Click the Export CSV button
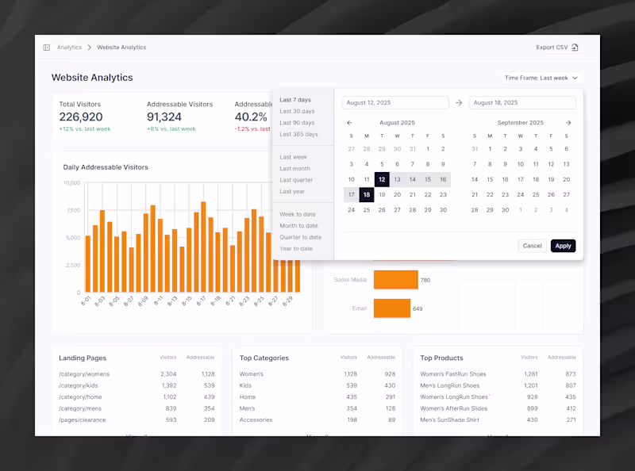click(x=556, y=48)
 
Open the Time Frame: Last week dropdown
click(x=542, y=78)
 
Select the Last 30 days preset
click(x=297, y=111)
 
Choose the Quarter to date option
click(x=300, y=237)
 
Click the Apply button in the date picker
click(x=563, y=246)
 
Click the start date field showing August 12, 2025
click(x=395, y=103)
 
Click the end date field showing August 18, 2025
click(x=522, y=103)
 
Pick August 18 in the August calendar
click(x=367, y=194)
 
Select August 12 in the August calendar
click(x=382, y=179)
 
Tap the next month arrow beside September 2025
click(x=568, y=123)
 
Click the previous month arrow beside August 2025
click(x=349, y=123)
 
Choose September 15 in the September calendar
click(x=490, y=179)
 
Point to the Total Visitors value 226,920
click(x=81, y=117)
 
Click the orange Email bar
click(x=391, y=308)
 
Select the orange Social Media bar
click(x=395, y=279)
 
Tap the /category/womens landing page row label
click(x=84, y=373)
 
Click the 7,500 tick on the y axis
click(x=72, y=210)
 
